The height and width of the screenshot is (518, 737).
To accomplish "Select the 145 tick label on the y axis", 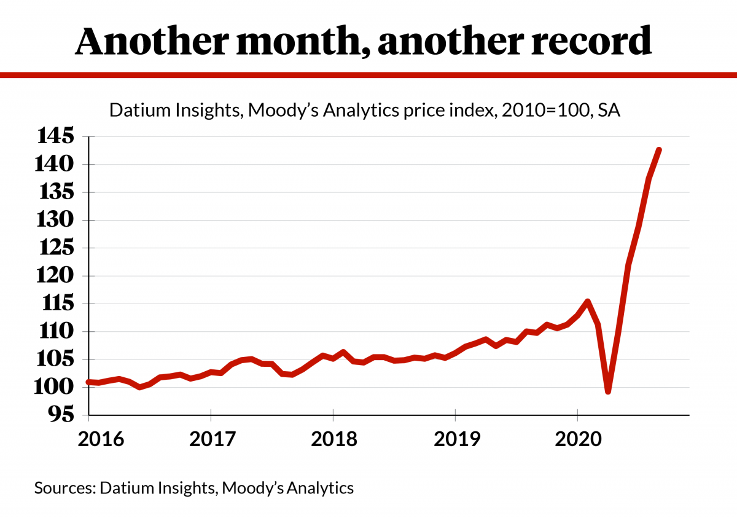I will pos(55,136).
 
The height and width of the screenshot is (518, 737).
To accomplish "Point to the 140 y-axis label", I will pos(55,164).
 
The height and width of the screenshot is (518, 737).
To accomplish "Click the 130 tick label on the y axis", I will pos(55,220).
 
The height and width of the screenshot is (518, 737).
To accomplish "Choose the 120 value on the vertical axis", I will pos(55,276).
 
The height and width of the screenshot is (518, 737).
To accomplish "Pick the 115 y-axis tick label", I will pos(55,304).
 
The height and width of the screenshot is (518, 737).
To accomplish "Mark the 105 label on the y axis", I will pos(55,359).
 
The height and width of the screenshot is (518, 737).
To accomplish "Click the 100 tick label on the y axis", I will pos(55,388).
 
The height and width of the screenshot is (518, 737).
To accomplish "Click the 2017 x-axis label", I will pos(211,439).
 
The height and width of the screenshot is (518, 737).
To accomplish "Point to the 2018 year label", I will pos(333,439).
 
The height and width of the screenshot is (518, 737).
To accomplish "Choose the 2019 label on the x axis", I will pos(455,439).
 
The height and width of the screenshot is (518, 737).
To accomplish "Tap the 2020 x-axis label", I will pos(577,439).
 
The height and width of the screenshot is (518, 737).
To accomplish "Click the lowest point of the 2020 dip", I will pos(608,391).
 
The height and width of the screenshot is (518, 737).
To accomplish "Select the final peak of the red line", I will pos(658,150).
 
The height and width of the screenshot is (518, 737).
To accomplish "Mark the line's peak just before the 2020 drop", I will pos(588,302).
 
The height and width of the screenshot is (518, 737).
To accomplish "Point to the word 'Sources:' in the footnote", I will pos(64,489).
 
